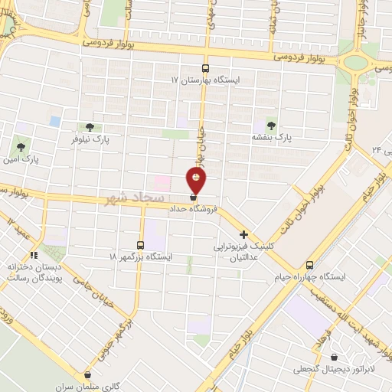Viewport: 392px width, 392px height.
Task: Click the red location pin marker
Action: pyautogui.click(x=197, y=179)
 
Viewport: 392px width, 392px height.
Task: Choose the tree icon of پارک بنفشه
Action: pyautogui.click(x=269, y=125)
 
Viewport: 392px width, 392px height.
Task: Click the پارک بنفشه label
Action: pyautogui.click(x=273, y=137)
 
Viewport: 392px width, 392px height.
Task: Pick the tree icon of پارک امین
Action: pyautogui.click(x=21, y=146)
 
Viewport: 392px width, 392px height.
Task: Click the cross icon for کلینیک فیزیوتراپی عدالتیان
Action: pyautogui.click(x=244, y=235)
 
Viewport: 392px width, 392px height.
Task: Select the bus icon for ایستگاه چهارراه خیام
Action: pyautogui.click(x=309, y=264)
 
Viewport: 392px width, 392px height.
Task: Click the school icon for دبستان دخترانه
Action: pyautogui.click(x=34, y=255)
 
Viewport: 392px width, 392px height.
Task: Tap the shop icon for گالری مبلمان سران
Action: pyautogui.click(x=88, y=375)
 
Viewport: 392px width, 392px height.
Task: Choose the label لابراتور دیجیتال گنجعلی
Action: pyautogui.click(x=334, y=368)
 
